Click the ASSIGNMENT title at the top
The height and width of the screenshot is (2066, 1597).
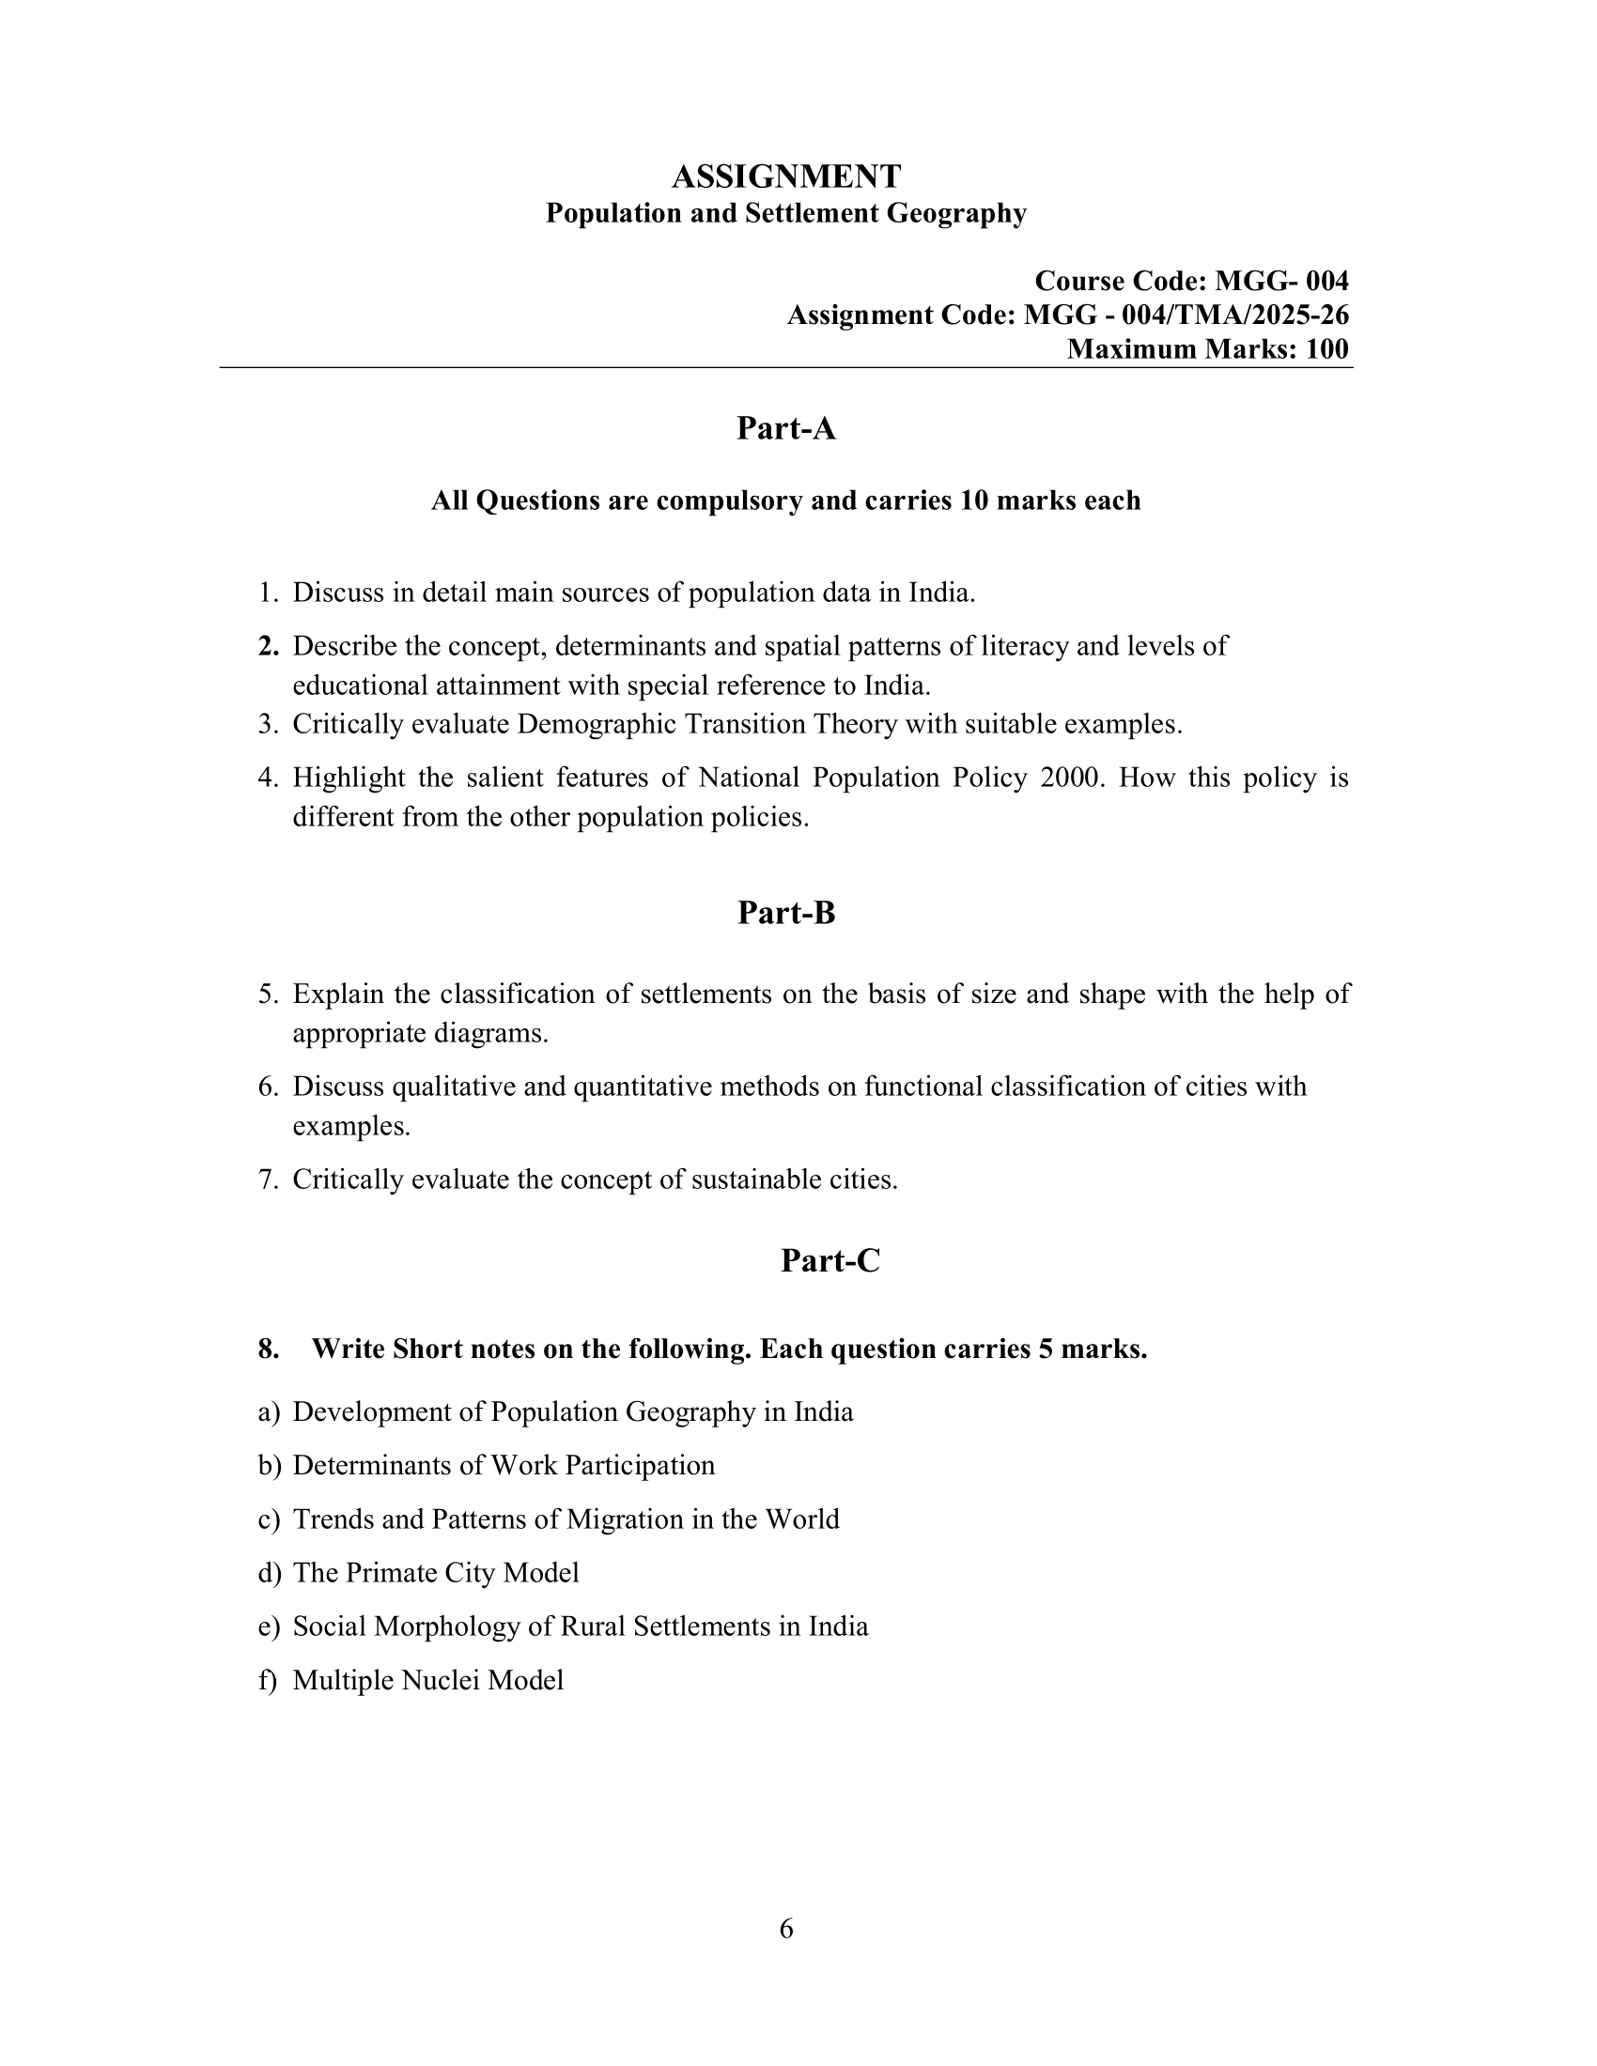click(x=785, y=176)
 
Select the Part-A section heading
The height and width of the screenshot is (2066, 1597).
click(x=785, y=428)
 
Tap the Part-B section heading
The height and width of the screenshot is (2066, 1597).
click(x=785, y=913)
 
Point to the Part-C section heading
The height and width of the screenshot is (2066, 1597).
click(x=830, y=1260)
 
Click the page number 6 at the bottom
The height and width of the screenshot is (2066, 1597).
click(x=786, y=1928)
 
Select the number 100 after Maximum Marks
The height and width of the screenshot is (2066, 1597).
click(x=1326, y=349)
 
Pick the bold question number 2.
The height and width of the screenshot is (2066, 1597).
click(x=268, y=646)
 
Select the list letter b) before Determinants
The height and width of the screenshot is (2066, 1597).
click(x=269, y=1465)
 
